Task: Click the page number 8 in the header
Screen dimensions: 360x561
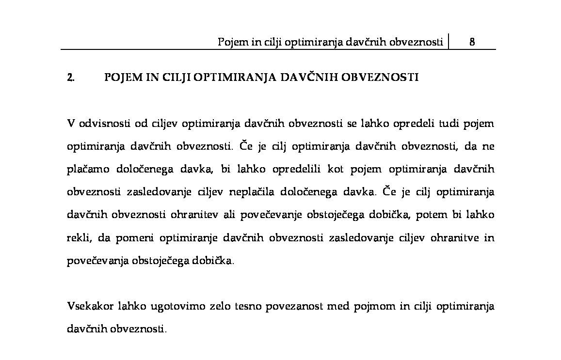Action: click(x=472, y=42)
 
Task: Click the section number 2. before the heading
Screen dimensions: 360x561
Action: click(x=70, y=78)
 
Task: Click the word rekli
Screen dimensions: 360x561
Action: click(x=78, y=238)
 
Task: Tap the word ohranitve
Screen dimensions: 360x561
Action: click(x=455, y=238)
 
